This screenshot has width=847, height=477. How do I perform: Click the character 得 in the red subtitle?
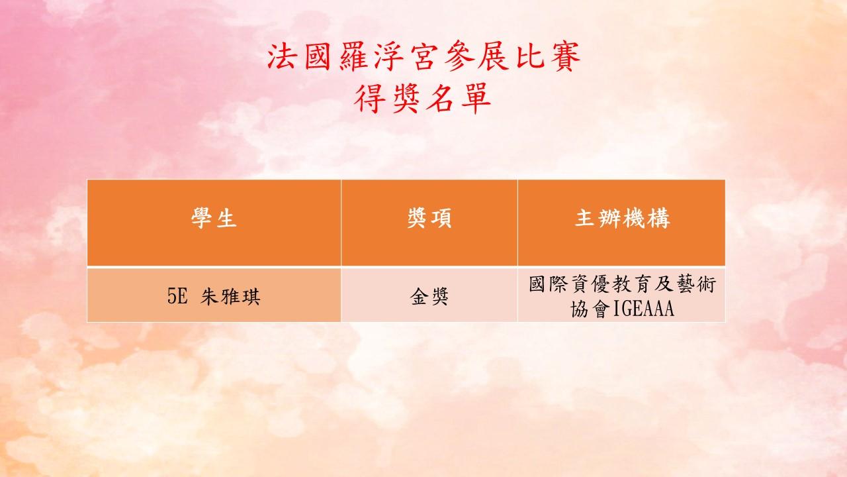(x=369, y=99)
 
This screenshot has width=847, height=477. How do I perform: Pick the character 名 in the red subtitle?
(x=440, y=99)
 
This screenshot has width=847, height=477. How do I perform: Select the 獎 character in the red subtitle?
(x=405, y=99)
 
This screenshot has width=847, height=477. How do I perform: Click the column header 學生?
(x=214, y=219)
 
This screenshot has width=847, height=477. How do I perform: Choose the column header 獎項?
(x=429, y=219)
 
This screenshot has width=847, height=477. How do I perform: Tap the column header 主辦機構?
(x=623, y=219)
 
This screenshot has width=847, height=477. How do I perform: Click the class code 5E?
(x=177, y=296)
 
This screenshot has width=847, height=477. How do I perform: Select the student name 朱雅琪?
(x=230, y=296)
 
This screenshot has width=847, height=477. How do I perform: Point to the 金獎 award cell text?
(x=429, y=296)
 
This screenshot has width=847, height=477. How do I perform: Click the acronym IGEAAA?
(x=643, y=309)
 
